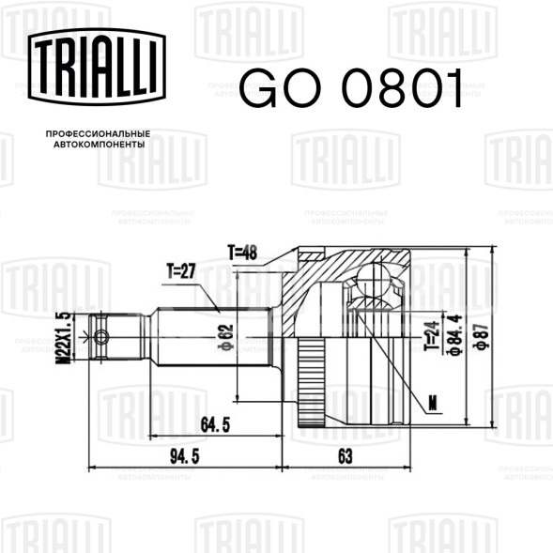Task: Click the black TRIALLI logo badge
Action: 97,67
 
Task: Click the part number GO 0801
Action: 351,88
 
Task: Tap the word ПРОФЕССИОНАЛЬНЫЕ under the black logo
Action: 98,134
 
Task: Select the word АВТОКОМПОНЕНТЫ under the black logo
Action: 100,145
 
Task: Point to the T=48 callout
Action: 242,253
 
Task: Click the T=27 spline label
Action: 181,271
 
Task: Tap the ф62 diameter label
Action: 225,338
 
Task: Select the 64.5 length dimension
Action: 215,424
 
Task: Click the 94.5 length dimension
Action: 185,456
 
